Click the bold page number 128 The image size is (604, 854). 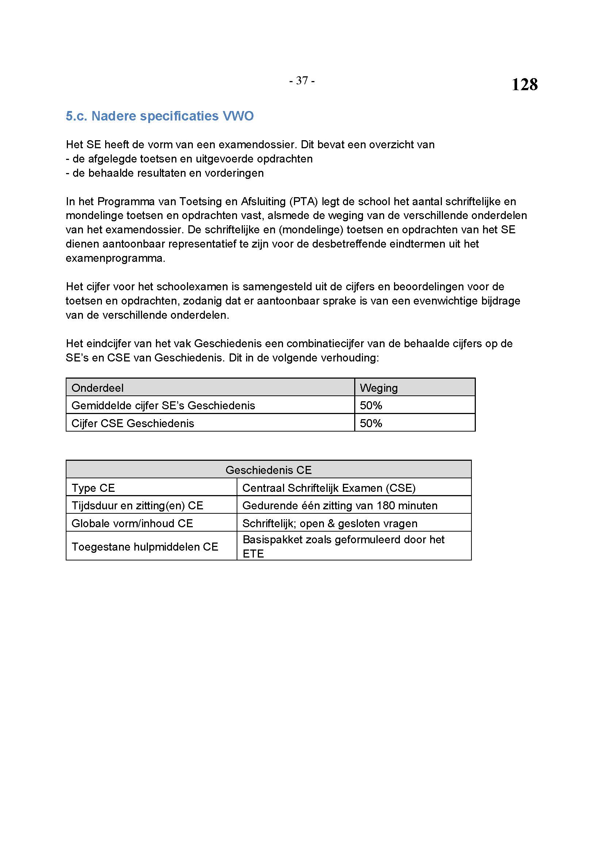tap(524, 84)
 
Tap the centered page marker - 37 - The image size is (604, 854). tap(302, 81)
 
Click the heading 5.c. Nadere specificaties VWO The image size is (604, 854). tap(160, 116)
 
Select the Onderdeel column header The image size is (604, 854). tap(98, 388)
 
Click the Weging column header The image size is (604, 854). tap(379, 388)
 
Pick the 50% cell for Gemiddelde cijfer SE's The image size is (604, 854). tap(371, 405)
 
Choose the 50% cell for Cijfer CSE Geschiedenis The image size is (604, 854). tap(371, 423)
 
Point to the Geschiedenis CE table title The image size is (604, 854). tap(268, 470)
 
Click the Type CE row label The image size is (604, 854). tap(93, 488)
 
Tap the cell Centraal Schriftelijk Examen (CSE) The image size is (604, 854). tap(329, 488)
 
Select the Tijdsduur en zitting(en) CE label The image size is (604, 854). tap(137, 505)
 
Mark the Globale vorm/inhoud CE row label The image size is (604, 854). tap(132, 523)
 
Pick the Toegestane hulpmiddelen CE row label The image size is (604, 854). tap(145, 547)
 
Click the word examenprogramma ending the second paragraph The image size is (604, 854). tap(115, 258)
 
